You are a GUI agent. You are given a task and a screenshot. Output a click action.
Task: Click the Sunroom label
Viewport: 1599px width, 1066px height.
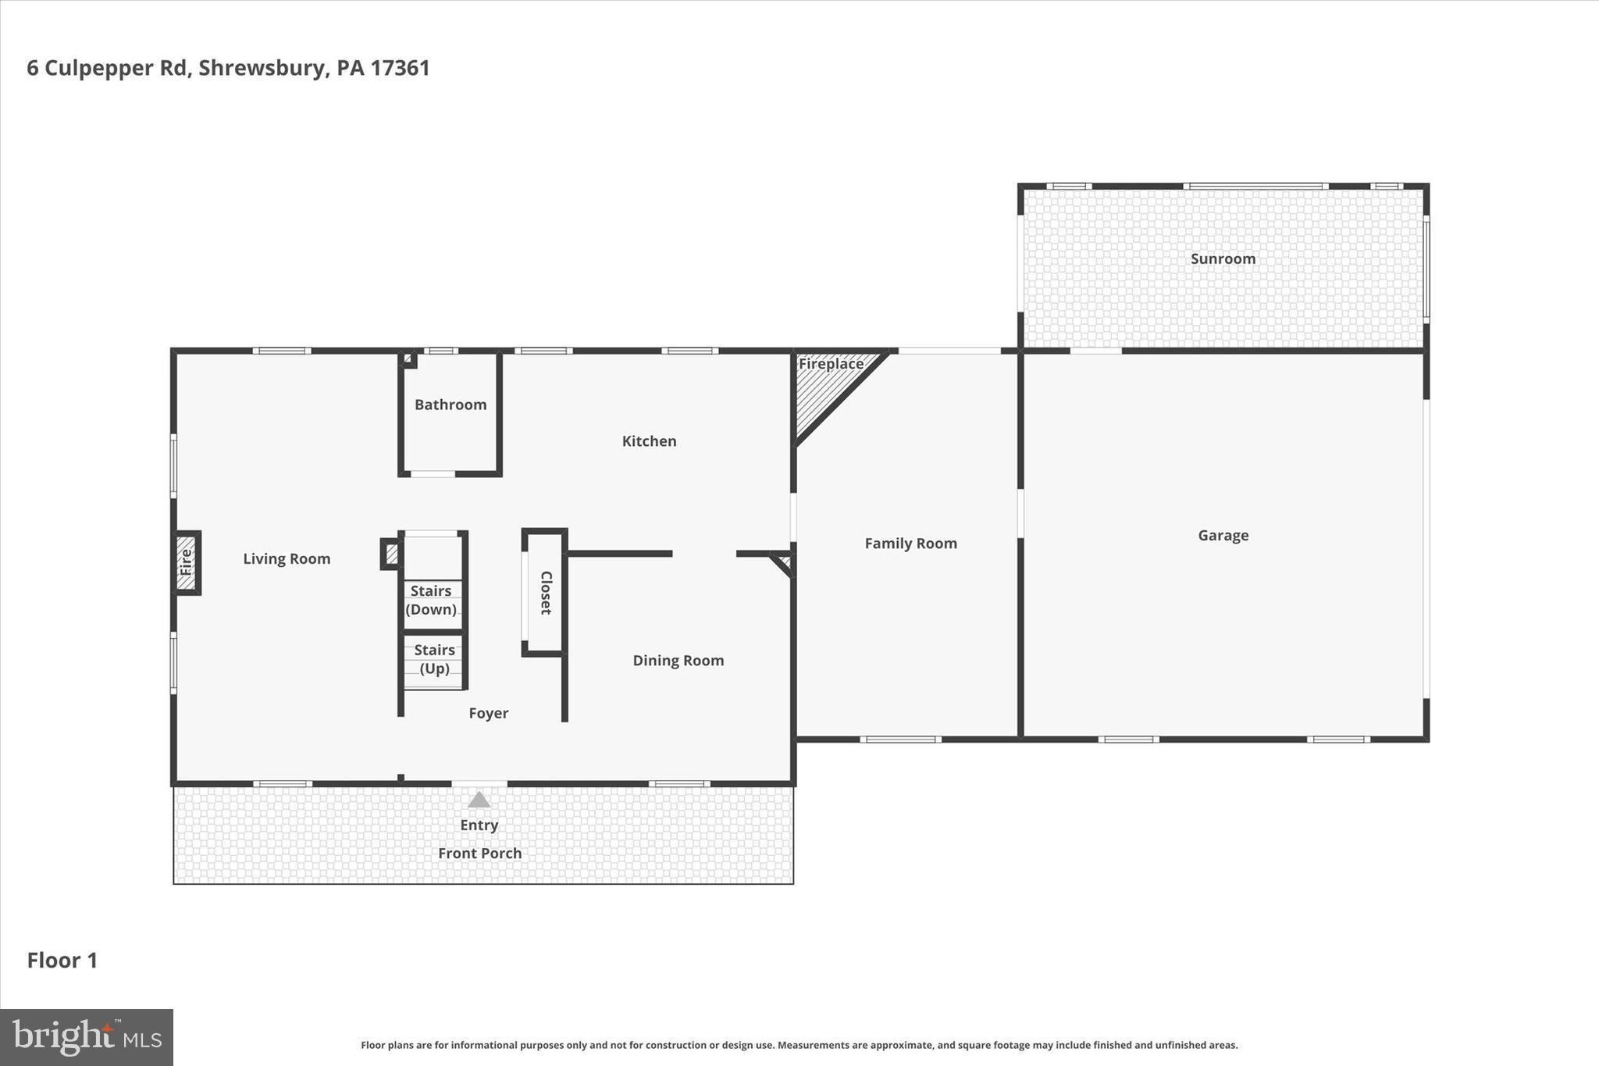1223,258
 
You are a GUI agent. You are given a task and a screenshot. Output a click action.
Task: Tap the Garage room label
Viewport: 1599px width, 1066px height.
1223,535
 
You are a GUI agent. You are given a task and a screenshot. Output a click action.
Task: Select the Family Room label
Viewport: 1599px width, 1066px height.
910,543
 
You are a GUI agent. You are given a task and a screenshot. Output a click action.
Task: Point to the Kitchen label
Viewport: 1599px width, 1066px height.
649,441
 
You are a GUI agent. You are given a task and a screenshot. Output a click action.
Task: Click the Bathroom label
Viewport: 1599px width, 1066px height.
450,405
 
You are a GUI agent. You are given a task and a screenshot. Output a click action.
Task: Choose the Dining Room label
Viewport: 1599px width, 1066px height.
678,660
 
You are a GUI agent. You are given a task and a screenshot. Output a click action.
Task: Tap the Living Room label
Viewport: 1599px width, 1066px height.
287,558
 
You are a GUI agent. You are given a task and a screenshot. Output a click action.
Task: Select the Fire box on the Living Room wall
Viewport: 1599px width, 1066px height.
186,562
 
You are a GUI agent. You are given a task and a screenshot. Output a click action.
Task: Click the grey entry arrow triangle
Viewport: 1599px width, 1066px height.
479,800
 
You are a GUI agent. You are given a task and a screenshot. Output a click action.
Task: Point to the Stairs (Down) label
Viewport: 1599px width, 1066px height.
431,600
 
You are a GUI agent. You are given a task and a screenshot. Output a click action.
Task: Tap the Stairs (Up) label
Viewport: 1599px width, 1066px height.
434,659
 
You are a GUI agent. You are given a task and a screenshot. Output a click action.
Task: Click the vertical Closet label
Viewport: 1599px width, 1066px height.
546,592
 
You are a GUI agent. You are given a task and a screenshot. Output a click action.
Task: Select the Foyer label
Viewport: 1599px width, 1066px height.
488,713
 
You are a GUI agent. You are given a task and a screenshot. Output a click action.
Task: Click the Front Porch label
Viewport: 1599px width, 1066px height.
479,853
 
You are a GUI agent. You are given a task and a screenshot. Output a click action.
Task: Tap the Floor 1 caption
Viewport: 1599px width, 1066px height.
62,960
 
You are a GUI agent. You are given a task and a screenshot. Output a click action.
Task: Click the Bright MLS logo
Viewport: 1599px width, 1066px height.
87,1037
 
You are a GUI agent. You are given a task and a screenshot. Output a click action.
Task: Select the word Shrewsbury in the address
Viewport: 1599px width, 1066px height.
261,68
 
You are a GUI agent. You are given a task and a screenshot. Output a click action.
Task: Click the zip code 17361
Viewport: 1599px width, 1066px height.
400,68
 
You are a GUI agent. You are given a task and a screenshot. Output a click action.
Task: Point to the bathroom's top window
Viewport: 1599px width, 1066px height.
442,351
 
